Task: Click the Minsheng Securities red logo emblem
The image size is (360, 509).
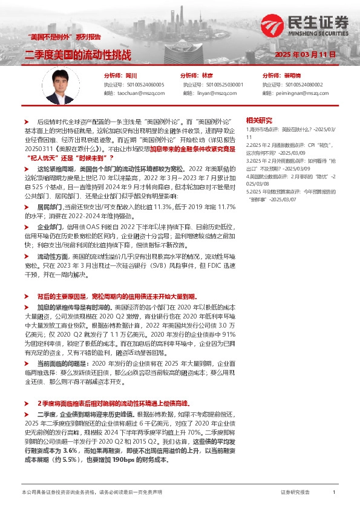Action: pos(274,25)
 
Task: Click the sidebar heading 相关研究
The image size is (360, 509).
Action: pos(260,120)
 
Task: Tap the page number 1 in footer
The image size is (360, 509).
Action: pos(333,493)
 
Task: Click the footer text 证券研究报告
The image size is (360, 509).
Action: pos(295,493)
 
